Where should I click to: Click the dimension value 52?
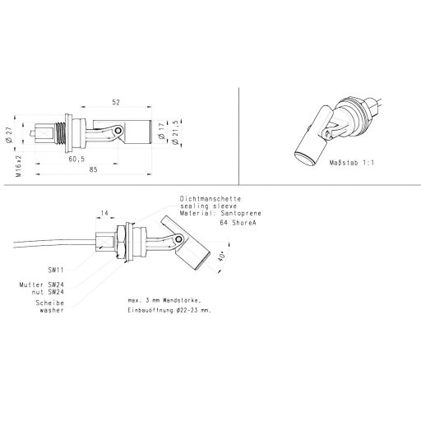point(116,102)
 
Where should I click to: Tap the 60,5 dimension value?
point(76,159)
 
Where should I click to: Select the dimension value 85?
point(93,169)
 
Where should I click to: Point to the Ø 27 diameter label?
point(10,135)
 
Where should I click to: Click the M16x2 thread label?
point(18,166)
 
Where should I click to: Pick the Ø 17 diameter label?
point(161,131)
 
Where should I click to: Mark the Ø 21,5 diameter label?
point(175,132)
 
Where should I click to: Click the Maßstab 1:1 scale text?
point(352,163)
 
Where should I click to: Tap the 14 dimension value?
point(104,213)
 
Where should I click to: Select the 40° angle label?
point(222,257)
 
